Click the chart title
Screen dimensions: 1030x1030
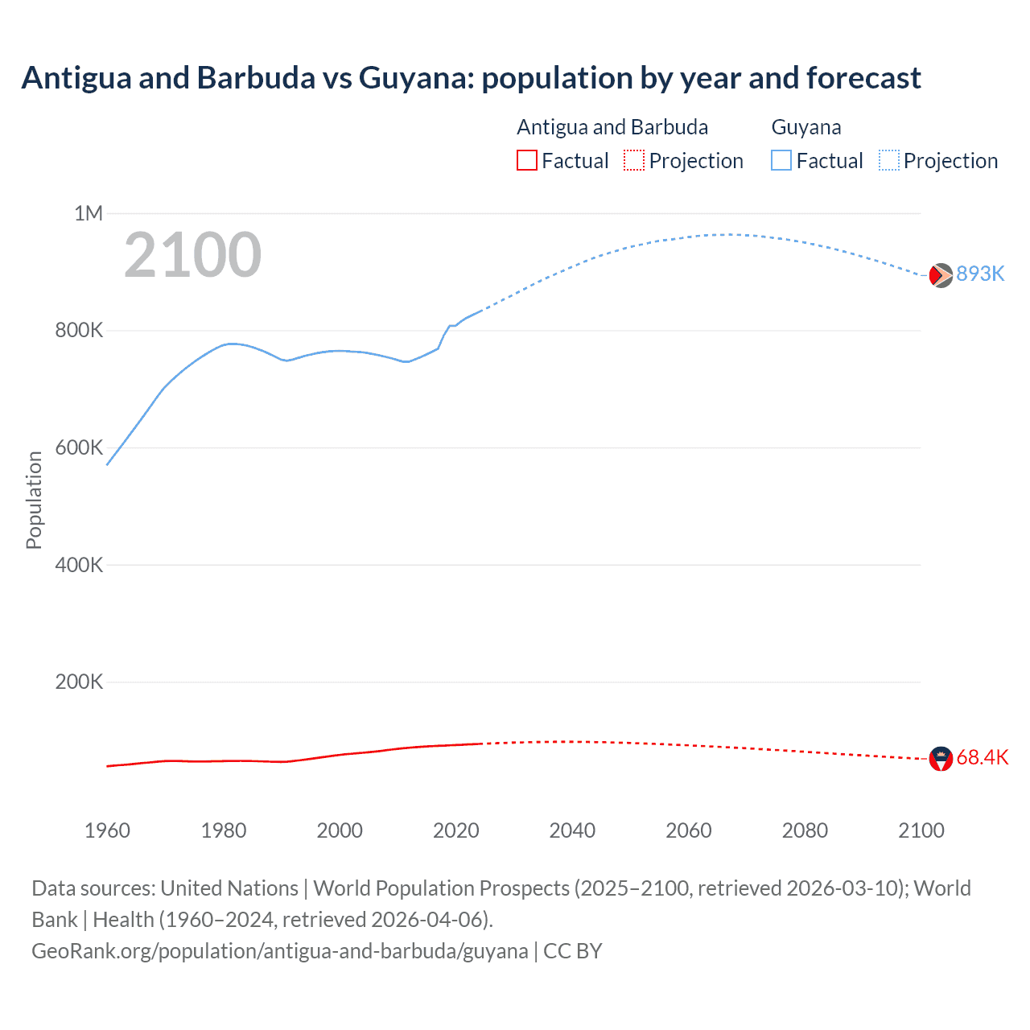[x=471, y=78]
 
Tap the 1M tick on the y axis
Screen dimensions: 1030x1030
[x=89, y=213]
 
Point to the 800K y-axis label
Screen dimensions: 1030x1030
[x=79, y=331]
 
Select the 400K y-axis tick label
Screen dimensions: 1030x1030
[x=79, y=565]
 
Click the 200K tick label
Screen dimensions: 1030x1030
[x=79, y=682]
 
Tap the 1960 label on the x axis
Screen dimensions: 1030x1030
[x=107, y=830]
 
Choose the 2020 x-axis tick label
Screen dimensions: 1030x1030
[x=456, y=830]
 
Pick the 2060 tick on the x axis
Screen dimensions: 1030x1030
[x=689, y=830]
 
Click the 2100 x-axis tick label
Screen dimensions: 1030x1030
[x=921, y=830]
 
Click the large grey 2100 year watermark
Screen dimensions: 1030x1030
[x=192, y=255]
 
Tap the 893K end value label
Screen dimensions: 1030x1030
[x=980, y=274]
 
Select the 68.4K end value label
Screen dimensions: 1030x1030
[x=982, y=758]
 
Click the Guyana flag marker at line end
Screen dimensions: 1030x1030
[x=941, y=275]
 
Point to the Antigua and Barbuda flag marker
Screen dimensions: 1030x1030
[x=941, y=758]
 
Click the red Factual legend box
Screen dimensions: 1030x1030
[x=527, y=160]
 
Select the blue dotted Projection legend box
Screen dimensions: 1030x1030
[x=889, y=160]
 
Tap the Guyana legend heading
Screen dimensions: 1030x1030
[x=806, y=127]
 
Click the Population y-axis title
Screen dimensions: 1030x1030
[x=34, y=500]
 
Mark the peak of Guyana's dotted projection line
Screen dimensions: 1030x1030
[x=728, y=234]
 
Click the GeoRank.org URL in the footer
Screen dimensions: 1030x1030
[x=279, y=951]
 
